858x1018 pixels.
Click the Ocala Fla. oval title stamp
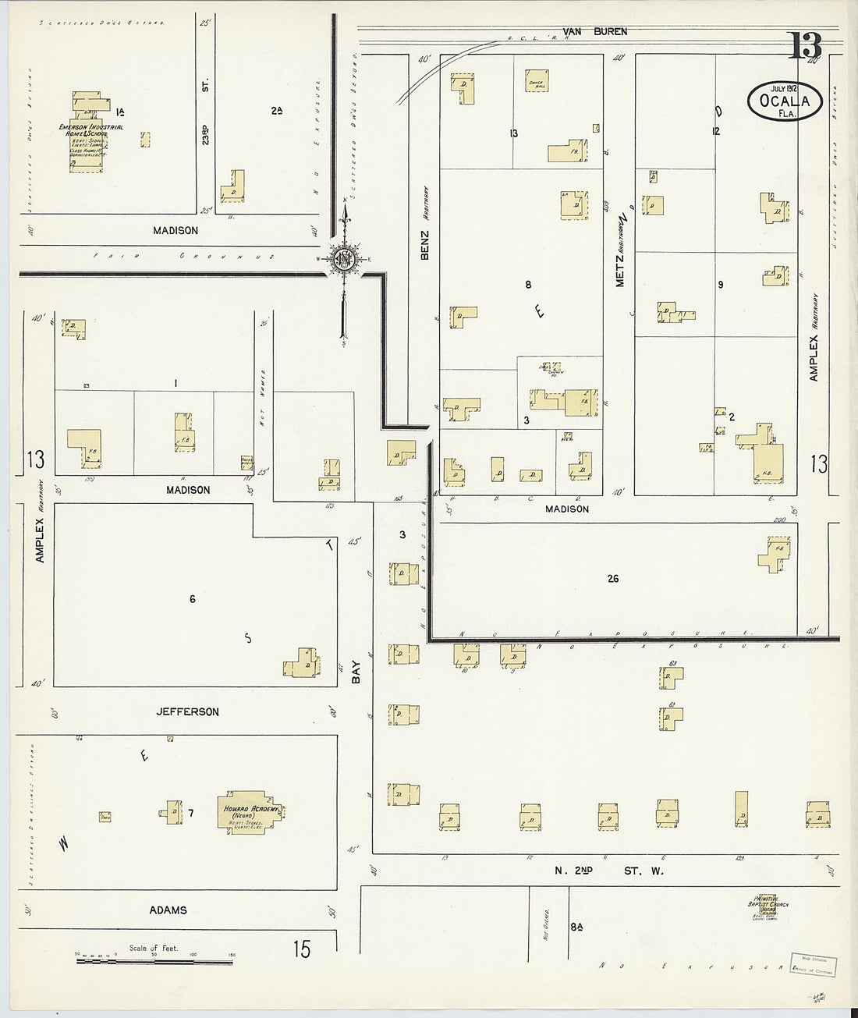click(785, 100)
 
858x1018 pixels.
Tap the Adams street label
click(169, 910)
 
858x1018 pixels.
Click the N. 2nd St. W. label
click(608, 871)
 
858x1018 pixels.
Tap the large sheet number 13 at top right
click(803, 47)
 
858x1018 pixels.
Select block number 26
click(613, 579)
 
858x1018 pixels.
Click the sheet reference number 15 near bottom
click(302, 949)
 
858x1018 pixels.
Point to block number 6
click(192, 599)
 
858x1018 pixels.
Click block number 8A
click(576, 927)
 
